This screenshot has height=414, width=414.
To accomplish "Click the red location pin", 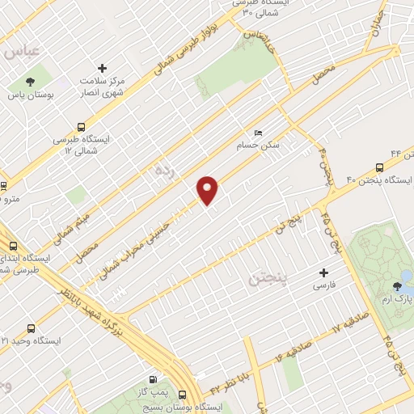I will click(208, 191).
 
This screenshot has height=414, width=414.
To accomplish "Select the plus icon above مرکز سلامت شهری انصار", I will click(102, 68).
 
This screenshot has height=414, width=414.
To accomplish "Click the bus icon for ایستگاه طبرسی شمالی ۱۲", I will click(80, 126).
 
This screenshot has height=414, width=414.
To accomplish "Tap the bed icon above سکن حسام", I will click(258, 133).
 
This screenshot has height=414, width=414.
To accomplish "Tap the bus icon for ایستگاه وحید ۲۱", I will click(31, 328).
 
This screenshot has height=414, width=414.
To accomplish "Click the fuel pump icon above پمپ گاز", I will click(153, 379).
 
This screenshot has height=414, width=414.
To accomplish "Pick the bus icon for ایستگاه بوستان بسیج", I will click(182, 395).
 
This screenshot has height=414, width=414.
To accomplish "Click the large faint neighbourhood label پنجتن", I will click(264, 280).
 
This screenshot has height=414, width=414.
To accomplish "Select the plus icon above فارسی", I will click(324, 273).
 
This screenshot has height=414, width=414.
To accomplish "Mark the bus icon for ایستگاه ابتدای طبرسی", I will click(13, 247).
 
